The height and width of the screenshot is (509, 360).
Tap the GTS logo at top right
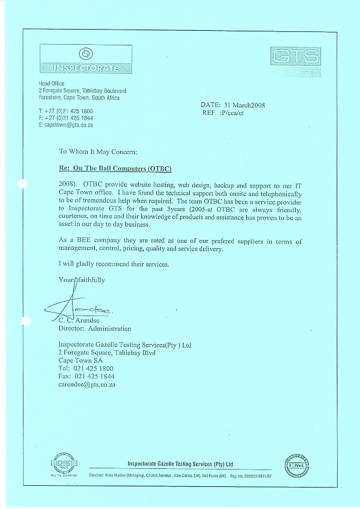[295, 60]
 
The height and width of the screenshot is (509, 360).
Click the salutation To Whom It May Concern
[98, 152]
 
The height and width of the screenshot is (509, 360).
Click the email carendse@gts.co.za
[87, 385]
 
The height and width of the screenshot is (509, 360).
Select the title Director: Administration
[95, 328]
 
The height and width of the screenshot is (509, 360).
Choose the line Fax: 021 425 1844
[86, 377]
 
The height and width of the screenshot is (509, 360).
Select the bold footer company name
[180, 464]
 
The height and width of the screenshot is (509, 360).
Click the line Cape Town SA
[81, 360]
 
